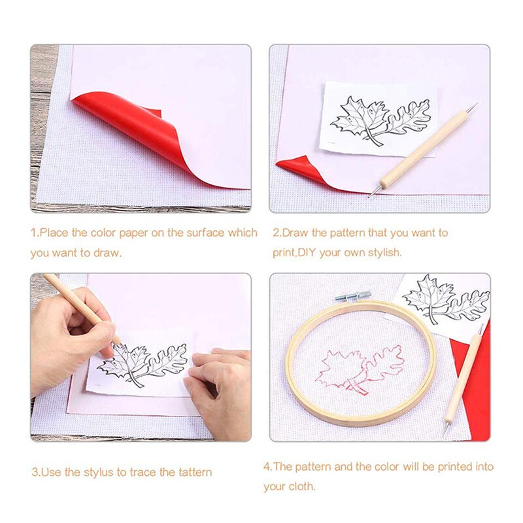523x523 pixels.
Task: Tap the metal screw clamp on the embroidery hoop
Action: (353, 296)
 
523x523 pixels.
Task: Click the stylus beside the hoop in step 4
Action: (463, 379)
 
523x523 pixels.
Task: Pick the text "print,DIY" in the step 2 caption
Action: (294, 252)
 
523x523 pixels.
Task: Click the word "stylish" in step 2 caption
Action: (383, 252)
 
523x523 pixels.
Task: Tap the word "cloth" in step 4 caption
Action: (301, 486)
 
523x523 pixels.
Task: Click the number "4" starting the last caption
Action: (267, 467)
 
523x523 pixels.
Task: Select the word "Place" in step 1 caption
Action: (54, 233)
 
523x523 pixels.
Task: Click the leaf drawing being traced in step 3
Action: (144, 363)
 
